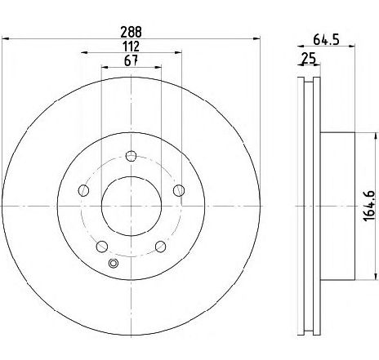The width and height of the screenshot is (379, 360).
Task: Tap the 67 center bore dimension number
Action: (x=132, y=61)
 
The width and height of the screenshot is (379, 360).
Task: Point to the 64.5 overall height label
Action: (x=328, y=37)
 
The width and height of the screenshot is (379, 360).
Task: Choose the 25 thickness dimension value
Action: (x=308, y=59)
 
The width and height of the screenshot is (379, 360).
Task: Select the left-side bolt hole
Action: (x=83, y=191)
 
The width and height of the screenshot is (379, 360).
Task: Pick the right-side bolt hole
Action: (x=180, y=191)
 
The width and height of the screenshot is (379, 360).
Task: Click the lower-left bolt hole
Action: (x=102, y=247)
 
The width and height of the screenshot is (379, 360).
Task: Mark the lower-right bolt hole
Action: (x=161, y=247)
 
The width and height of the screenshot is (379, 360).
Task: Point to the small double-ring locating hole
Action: (x=114, y=263)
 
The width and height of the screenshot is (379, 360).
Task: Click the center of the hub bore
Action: (x=132, y=207)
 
